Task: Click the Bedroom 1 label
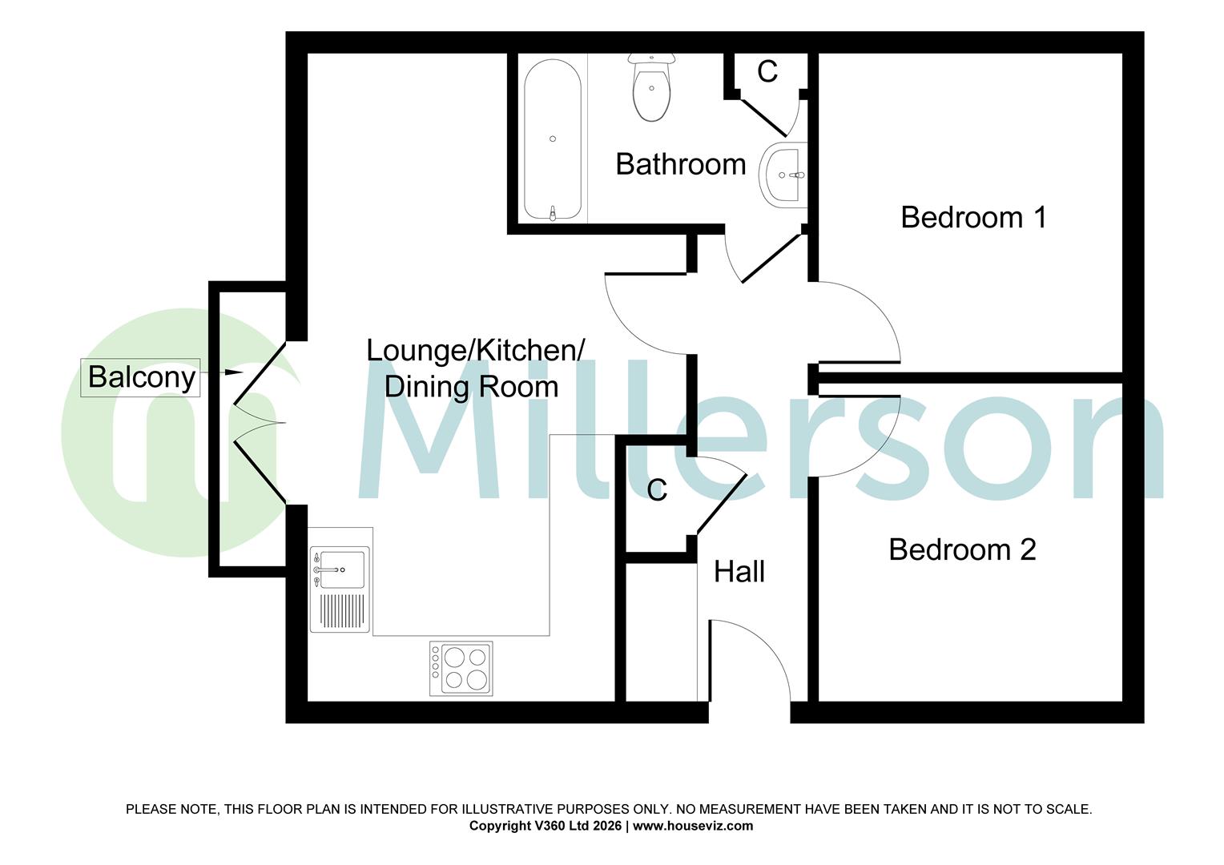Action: [973, 217]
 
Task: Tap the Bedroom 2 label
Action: [962, 549]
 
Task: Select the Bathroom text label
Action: [680, 164]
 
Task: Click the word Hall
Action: [739, 572]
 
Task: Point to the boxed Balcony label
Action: [141, 377]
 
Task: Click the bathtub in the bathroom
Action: [553, 140]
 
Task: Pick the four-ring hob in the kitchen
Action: [461, 668]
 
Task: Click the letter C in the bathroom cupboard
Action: [767, 72]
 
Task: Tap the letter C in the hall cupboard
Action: [657, 490]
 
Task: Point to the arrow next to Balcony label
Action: [232, 372]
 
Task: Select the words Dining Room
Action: [471, 387]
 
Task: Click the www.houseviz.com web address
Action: [693, 826]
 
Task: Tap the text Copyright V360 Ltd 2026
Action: [545, 826]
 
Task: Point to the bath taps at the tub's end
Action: [553, 212]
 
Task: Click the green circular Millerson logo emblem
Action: [168, 432]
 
